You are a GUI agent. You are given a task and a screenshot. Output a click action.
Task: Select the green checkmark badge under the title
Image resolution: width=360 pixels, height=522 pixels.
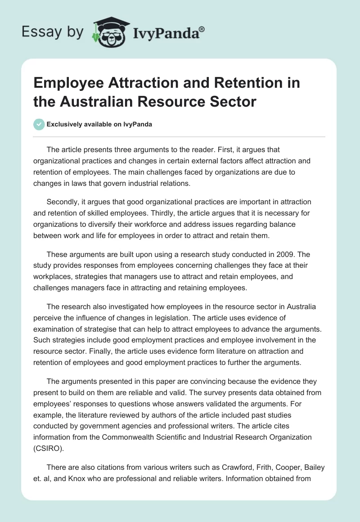tap(39, 124)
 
